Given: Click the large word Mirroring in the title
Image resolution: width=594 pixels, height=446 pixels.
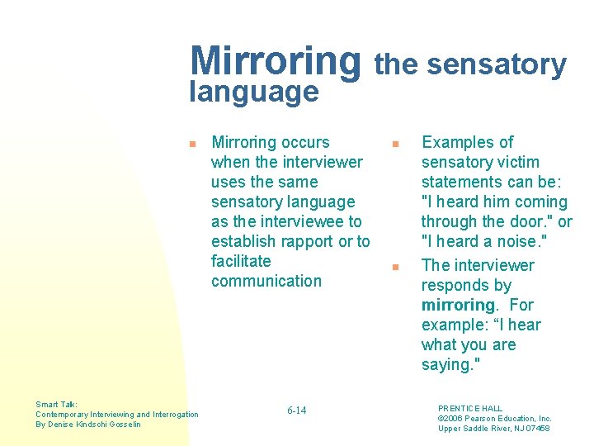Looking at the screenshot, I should click(275, 59).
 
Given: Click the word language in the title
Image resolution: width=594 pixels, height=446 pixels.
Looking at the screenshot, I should click(253, 91).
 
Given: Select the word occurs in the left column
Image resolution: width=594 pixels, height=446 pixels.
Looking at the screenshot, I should click(304, 142).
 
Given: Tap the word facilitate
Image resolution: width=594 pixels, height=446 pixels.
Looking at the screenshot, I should click(241, 261).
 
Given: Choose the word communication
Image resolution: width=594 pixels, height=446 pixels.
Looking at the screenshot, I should click(266, 281).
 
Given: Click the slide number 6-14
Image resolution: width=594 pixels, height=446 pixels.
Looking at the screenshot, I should click(296, 410).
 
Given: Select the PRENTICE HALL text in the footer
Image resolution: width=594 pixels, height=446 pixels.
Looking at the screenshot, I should click(469, 409).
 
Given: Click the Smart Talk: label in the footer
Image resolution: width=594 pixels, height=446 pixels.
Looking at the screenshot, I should click(57, 405).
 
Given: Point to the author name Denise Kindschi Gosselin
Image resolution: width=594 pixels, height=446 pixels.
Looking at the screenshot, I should click(94, 425).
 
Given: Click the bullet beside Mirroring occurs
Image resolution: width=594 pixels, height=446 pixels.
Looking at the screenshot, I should click(191, 144).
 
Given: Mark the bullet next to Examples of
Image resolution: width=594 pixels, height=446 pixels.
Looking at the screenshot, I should click(395, 144).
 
